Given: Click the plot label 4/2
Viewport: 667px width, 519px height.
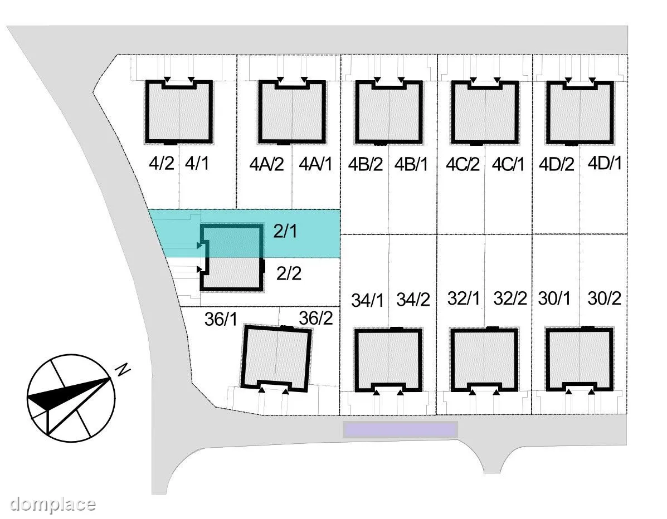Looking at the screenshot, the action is click(162, 163).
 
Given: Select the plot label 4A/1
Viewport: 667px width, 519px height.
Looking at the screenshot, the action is click(315, 164).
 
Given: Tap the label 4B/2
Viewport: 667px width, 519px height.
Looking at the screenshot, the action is click(366, 164).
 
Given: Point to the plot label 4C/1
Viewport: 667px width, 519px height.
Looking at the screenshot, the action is click(508, 164).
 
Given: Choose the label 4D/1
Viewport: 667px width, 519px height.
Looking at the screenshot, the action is click(605, 163).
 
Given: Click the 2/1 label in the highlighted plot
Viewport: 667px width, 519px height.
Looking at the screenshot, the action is click(285, 231).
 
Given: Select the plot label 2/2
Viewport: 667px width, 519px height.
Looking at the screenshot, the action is click(289, 273).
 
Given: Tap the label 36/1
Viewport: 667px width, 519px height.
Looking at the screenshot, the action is click(221, 319).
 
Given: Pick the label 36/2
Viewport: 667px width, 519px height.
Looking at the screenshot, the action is click(315, 318).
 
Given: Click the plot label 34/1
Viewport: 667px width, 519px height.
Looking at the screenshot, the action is click(368, 301).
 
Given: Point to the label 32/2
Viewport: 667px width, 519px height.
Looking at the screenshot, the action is click(510, 299).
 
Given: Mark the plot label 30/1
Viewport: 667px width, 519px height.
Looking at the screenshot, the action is click(554, 298).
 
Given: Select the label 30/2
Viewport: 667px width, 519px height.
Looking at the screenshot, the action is click(605, 298).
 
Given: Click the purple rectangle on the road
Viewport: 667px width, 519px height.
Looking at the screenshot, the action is click(400, 429).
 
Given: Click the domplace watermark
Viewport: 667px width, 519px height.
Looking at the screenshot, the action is click(52, 504).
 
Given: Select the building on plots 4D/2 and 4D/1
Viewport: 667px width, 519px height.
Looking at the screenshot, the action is click(580, 112).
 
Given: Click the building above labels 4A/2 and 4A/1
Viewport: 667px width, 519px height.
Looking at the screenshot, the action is click(292, 112).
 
